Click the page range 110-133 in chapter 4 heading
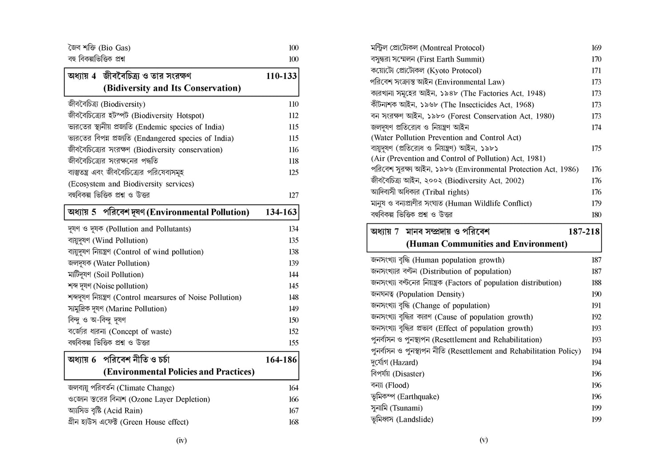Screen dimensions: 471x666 click(x=281, y=76)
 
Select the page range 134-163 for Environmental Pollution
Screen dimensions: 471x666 click(x=281, y=212)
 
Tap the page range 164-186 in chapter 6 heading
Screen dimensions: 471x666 click(x=281, y=360)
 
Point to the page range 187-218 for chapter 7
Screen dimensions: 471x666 click(x=584, y=231)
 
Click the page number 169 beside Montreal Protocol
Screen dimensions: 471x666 click(x=596, y=48)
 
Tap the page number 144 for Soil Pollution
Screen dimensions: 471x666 click(x=293, y=275)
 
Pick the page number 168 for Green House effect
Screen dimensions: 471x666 click(x=293, y=422)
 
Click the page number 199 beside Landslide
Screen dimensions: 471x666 click(x=596, y=420)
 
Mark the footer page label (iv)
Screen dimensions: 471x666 click(x=182, y=440)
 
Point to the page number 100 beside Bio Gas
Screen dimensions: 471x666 click(x=293, y=48)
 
